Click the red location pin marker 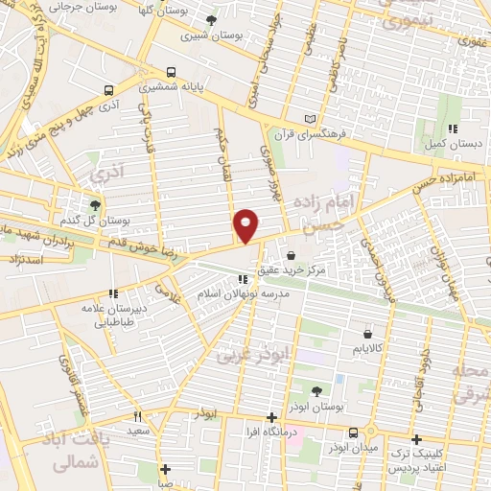pos(246,225)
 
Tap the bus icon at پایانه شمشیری pos(171,72)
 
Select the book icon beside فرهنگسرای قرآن pos(308,119)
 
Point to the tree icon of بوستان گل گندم pos(94,204)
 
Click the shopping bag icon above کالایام pos(367,335)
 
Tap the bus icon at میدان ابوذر pos(354,433)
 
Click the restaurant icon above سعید pos(138,417)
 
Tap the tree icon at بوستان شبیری pos(211,19)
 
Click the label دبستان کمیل pos(449,143)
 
